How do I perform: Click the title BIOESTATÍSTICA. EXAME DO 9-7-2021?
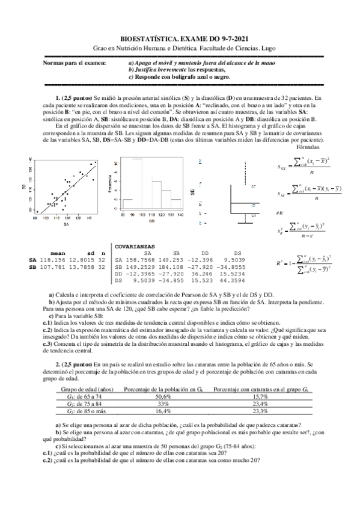180,37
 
